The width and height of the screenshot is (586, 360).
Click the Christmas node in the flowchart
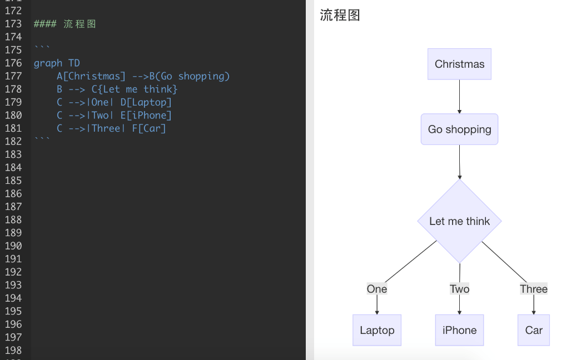coord(459,64)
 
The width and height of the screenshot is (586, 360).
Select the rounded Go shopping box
coord(459,129)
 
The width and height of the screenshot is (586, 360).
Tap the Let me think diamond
coord(459,221)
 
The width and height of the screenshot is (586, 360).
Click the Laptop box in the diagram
coord(377,330)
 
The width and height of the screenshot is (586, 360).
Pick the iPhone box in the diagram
coord(459,330)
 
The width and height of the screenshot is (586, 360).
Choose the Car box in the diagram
coord(533,330)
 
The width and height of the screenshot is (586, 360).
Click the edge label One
coord(377,289)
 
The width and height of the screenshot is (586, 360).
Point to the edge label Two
coord(459,289)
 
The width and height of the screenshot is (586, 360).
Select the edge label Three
coord(533,289)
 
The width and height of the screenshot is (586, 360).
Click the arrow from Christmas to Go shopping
coord(459,97)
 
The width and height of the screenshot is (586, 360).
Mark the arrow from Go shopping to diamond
coord(459,162)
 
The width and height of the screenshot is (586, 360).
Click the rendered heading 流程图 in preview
coord(340,16)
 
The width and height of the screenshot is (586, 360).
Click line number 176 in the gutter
coord(13,63)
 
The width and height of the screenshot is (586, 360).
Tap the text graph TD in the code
coord(57,63)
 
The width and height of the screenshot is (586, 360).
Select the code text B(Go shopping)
coord(190,76)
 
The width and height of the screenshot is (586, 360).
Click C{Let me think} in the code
coord(135,89)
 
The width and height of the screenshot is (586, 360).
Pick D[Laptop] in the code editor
coord(146,102)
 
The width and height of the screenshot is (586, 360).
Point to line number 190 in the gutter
coord(13,246)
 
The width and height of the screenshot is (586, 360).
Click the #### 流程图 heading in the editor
coord(65,24)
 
